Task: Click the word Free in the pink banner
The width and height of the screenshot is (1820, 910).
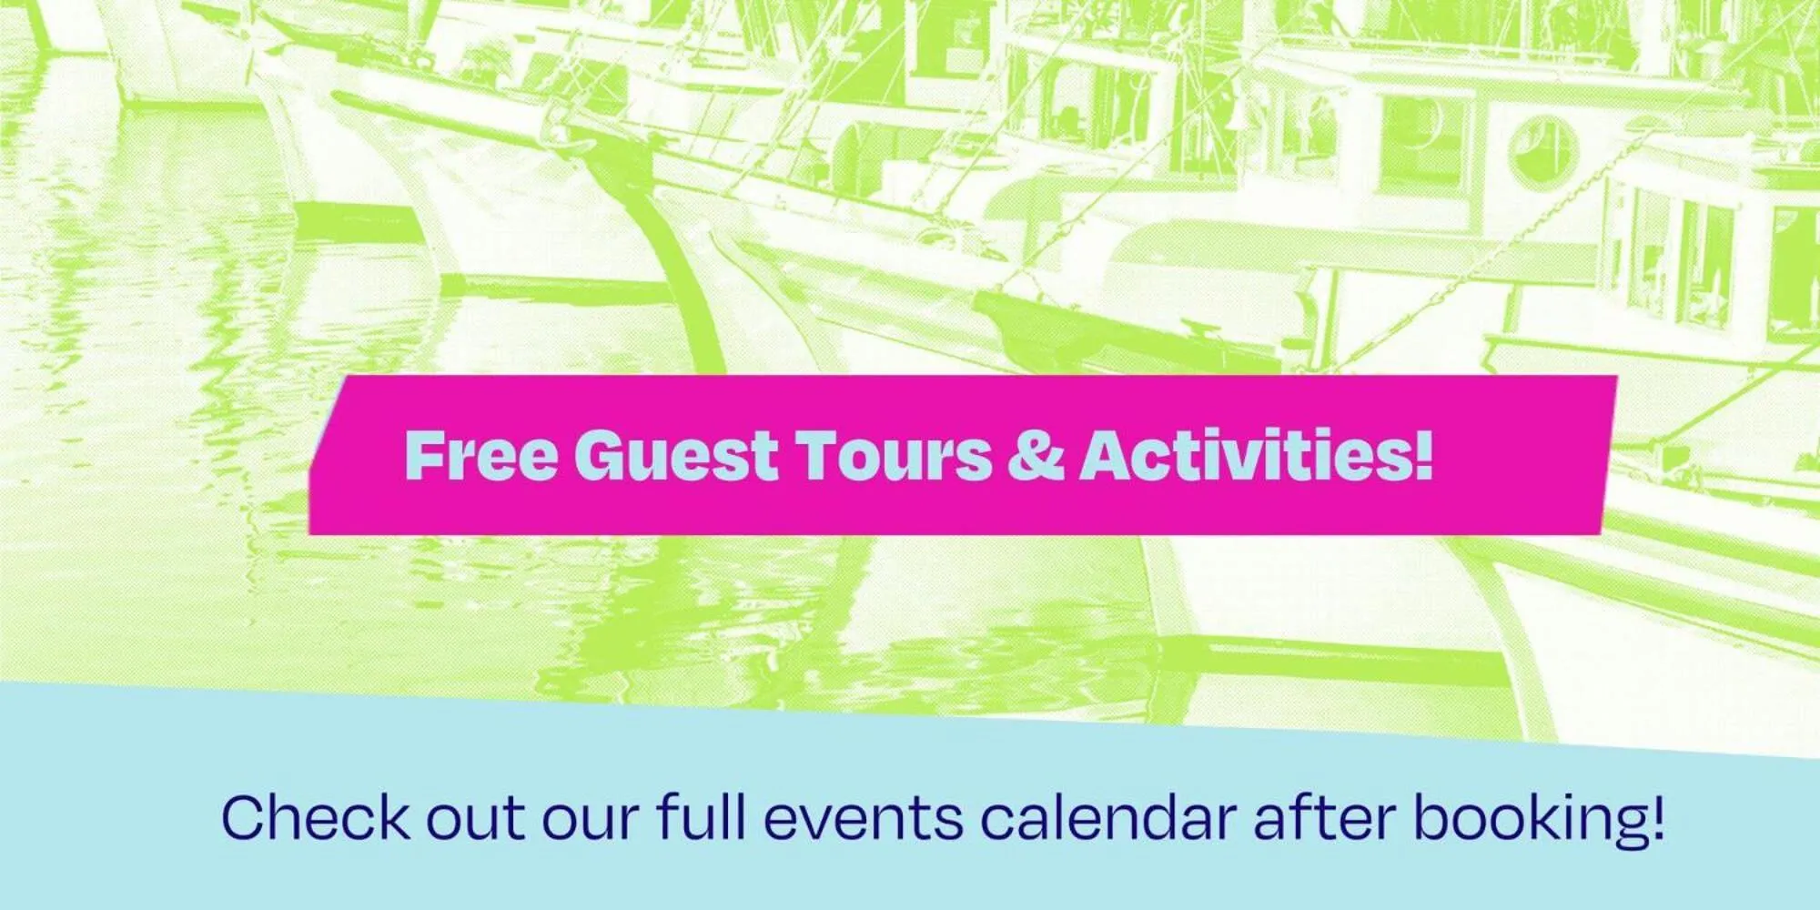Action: tap(480, 455)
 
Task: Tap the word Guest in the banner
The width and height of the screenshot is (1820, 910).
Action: tap(675, 455)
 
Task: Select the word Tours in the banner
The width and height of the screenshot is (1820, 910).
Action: tap(895, 455)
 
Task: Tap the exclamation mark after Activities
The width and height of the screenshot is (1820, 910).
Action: tap(1423, 455)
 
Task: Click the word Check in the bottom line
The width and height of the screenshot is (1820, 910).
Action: tap(315, 818)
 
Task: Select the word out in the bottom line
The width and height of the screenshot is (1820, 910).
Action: tap(475, 818)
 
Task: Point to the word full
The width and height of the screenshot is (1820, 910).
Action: tap(702, 818)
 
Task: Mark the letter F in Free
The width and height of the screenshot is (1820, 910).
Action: tap(424, 455)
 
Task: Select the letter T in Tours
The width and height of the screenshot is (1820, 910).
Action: tap(819, 455)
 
